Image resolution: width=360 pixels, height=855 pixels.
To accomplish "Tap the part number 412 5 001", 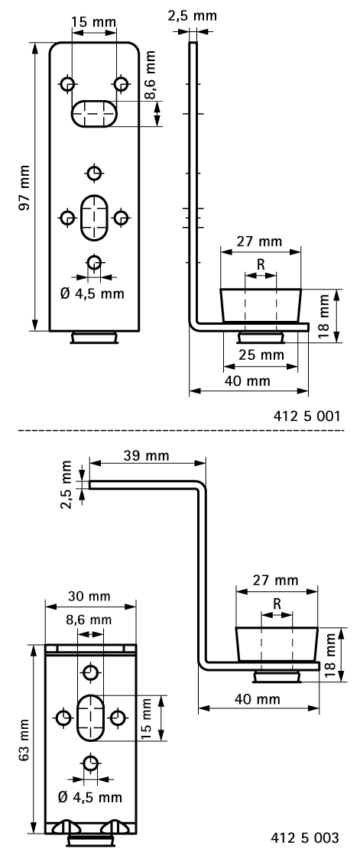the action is point(306,416).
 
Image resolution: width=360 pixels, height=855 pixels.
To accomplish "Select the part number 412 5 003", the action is point(305,837).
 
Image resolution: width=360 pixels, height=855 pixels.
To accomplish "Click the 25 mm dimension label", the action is point(262,355).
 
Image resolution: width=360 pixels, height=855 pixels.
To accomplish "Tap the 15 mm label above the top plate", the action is point(94,22).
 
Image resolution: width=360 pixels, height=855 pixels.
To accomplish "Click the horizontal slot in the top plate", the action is point(94,113).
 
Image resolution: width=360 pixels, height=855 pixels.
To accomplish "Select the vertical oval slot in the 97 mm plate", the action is point(94,217).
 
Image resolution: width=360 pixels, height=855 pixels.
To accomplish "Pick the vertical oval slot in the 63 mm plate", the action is point(90,717).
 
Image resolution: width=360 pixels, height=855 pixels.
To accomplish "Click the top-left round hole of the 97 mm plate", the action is point(67,84).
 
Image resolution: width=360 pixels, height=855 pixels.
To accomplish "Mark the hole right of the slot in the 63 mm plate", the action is point(117,717).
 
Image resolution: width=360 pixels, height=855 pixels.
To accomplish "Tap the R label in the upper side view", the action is point(261,264).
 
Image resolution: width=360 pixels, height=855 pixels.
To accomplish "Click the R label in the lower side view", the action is point(277,604).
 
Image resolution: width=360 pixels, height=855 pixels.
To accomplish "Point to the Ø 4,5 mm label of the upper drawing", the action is point(92,294).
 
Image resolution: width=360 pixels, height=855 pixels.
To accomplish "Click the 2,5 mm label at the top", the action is point(192,15).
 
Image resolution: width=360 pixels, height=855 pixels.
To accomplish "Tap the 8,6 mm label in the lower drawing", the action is point(89,620).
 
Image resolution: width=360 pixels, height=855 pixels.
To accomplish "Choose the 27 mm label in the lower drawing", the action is point(277,580).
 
